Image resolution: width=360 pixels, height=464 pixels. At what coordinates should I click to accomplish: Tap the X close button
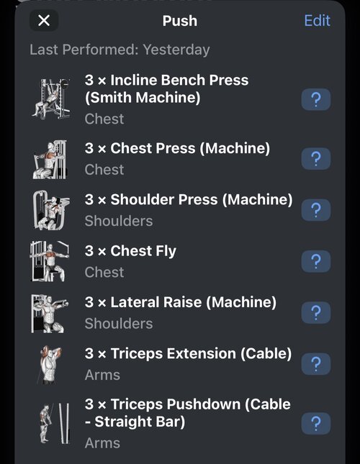click(x=44, y=20)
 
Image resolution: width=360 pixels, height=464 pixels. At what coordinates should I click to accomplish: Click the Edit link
click(x=317, y=21)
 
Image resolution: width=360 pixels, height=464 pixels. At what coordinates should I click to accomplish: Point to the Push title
click(x=180, y=21)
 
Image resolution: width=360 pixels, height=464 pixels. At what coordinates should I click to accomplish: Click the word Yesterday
click(x=176, y=50)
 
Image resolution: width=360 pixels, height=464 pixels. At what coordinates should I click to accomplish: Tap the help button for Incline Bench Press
click(x=316, y=99)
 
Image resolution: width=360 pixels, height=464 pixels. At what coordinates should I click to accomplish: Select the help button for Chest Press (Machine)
click(x=316, y=158)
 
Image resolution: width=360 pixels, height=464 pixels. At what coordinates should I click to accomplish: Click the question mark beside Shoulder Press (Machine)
click(x=316, y=210)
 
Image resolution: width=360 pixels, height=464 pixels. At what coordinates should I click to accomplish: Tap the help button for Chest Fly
click(x=316, y=261)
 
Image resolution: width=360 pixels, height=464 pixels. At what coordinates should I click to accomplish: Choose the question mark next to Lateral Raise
click(x=316, y=312)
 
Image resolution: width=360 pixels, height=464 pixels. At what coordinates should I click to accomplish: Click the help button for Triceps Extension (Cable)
click(x=316, y=364)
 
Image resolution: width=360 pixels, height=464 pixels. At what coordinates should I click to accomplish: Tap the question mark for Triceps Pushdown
click(x=316, y=424)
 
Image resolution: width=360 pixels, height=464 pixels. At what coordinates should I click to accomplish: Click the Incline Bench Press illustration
click(x=51, y=99)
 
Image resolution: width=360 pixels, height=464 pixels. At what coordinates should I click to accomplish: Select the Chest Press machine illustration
click(x=50, y=160)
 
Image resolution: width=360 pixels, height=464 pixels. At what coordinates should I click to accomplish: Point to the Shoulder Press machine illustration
click(x=51, y=210)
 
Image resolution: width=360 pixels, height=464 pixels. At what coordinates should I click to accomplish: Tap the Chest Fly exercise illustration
click(x=50, y=261)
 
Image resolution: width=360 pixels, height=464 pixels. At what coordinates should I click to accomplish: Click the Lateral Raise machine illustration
click(x=50, y=314)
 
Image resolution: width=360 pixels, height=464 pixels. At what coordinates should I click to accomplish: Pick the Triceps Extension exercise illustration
click(x=49, y=365)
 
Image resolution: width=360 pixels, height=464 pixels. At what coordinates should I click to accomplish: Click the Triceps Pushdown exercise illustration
click(x=55, y=423)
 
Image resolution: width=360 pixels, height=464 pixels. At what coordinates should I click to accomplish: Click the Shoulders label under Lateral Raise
click(x=119, y=324)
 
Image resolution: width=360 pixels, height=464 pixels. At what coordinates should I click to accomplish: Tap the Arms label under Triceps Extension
click(x=102, y=375)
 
